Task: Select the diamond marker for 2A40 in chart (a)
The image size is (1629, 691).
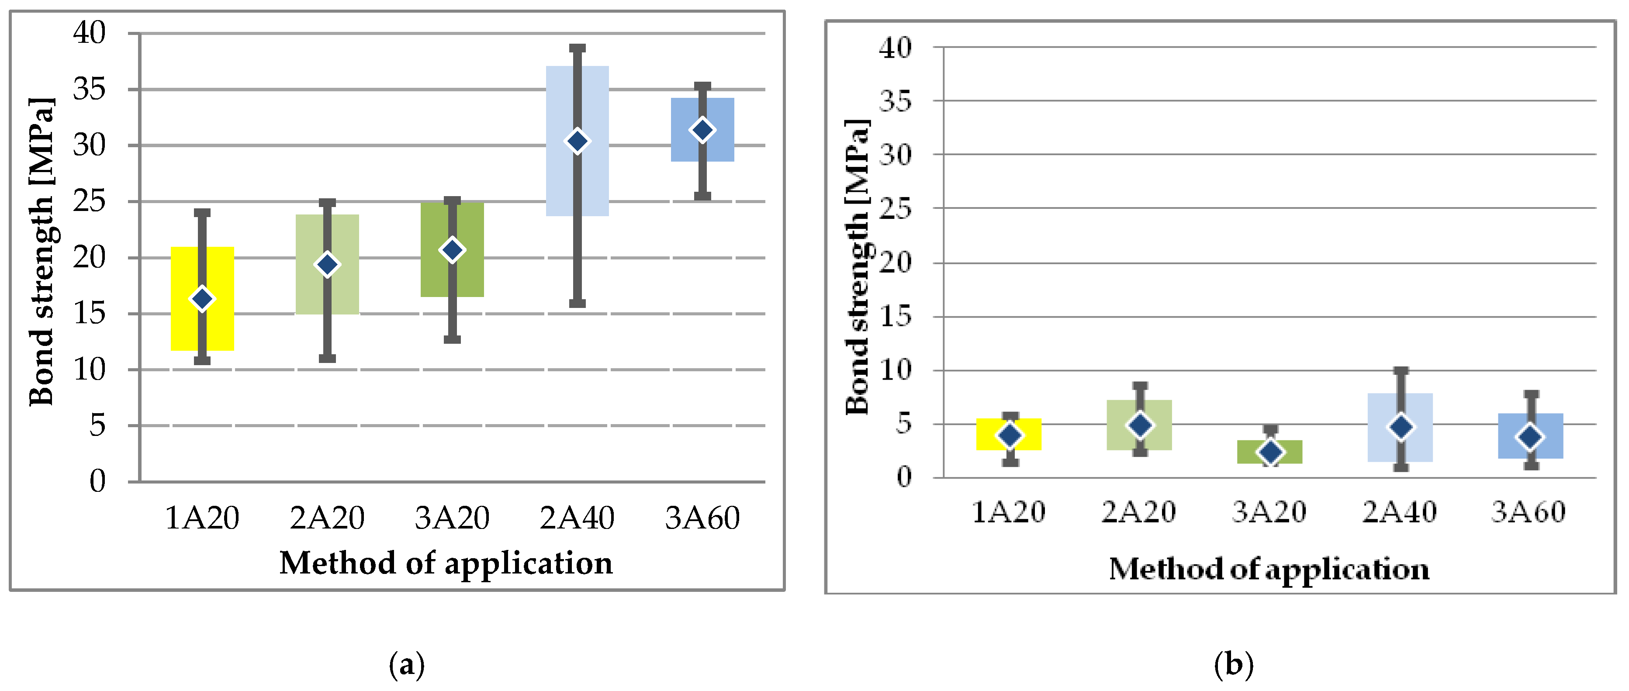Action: coord(578,141)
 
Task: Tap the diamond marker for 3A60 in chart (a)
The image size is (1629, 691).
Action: coord(702,130)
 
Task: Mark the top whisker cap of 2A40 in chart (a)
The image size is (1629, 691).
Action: coord(578,48)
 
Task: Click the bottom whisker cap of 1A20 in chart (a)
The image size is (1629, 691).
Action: coord(202,360)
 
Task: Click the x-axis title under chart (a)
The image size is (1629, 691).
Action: coord(446,563)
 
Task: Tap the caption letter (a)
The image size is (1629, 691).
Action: coord(407,665)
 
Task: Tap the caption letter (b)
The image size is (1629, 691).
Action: coord(1233,665)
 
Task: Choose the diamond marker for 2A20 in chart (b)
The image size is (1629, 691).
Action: coord(1140,425)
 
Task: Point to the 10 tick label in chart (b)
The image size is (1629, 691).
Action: coord(896,370)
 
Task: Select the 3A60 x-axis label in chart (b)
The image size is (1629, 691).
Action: coord(1529,512)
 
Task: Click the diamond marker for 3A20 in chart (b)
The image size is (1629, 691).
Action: coord(1270,452)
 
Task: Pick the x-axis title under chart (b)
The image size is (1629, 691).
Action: coord(1269,569)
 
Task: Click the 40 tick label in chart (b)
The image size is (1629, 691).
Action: coord(896,48)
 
